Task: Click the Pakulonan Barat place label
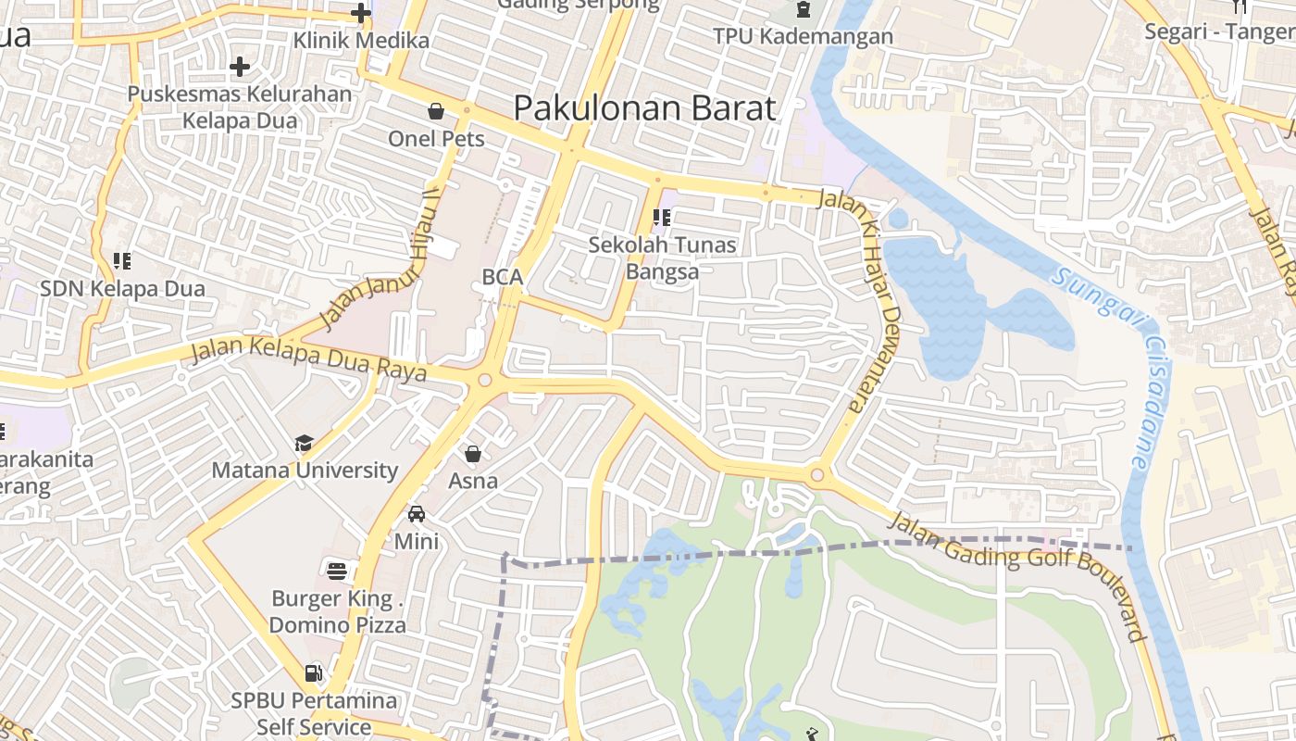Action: pos(644,108)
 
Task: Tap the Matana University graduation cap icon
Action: pos(305,444)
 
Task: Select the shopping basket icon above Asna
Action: pos(473,454)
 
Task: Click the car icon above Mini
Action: pos(417,513)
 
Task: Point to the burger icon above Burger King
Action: pos(337,571)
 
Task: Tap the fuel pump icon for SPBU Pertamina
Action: pos(315,672)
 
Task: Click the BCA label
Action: pos(503,277)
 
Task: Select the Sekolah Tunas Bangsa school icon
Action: pos(661,218)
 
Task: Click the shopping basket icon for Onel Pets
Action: pos(436,111)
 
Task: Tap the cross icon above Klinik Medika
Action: pos(361,13)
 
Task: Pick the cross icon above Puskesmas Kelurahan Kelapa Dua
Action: pos(240,67)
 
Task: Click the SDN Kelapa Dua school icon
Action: pos(122,261)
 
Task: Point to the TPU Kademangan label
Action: pos(803,36)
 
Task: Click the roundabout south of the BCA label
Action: pos(484,380)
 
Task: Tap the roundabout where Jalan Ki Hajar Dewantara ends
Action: pos(816,476)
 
